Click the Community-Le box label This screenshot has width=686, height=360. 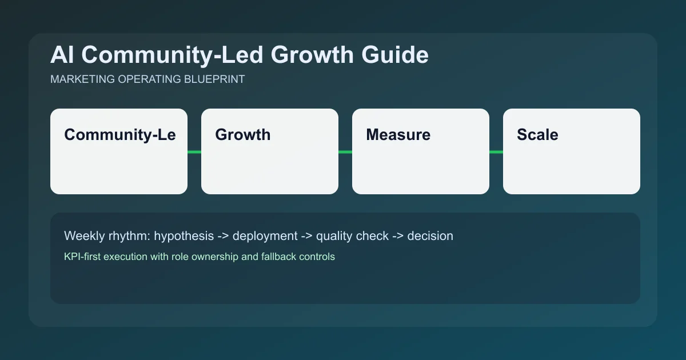(119, 135)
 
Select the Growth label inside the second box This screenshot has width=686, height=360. (242, 135)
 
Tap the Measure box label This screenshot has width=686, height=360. (398, 135)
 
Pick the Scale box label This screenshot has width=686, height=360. (537, 135)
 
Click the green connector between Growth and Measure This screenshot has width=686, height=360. (345, 152)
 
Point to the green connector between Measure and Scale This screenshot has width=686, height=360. (496, 152)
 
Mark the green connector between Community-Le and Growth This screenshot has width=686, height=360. (194, 152)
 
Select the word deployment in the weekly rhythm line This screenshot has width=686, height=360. (265, 236)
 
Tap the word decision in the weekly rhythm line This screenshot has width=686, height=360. (430, 236)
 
